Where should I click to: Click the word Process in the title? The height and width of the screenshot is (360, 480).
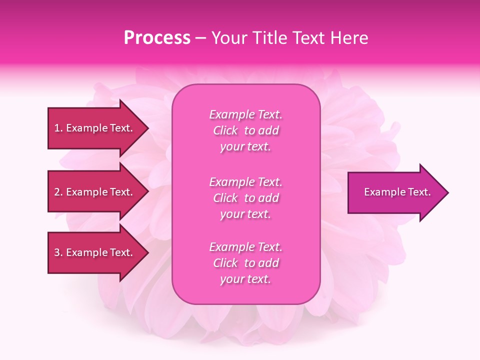[157, 38]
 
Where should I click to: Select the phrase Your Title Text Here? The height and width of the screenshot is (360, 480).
[290, 38]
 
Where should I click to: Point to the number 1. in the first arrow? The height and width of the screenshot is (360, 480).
[58, 128]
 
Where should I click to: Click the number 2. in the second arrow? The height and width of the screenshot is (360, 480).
[58, 192]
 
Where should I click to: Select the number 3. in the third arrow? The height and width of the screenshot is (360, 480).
[58, 252]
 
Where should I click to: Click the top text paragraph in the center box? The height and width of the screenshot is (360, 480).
[245, 130]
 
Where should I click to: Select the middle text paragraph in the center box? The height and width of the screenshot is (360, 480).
[245, 198]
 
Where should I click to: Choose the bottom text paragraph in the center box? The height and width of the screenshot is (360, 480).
[245, 263]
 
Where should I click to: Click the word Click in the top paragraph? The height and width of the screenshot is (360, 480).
[225, 130]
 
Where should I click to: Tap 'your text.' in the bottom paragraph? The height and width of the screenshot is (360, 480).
[245, 279]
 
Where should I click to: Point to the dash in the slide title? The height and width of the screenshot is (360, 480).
[200, 38]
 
